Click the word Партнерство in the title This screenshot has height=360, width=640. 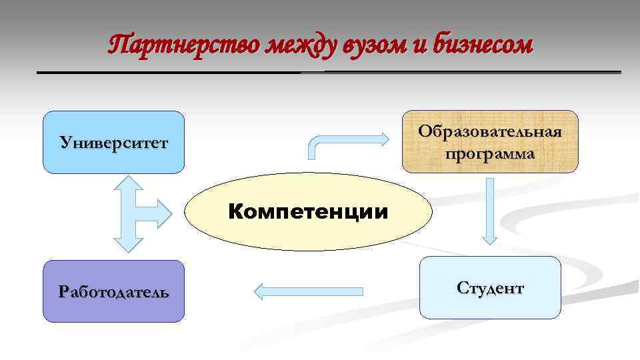(x=183, y=45)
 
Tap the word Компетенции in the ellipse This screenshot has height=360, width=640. (x=308, y=213)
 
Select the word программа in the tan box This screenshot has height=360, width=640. (x=490, y=154)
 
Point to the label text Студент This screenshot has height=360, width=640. (x=490, y=288)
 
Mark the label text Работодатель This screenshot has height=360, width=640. (x=113, y=292)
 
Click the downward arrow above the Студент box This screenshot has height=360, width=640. (x=490, y=210)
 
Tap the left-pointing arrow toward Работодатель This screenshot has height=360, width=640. (x=309, y=290)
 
